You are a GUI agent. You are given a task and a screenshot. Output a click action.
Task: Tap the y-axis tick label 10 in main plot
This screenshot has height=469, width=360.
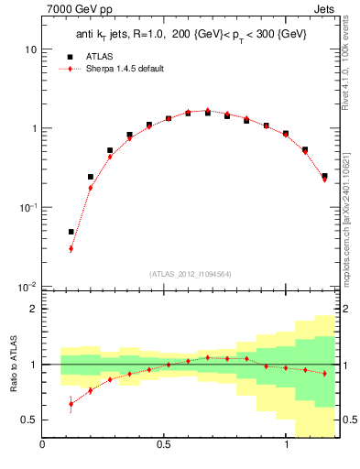(x=29, y=49)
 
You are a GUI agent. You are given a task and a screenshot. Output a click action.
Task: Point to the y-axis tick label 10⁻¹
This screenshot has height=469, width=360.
(x=27, y=208)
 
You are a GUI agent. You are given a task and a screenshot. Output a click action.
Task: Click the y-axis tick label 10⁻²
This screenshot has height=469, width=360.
(x=27, y=288)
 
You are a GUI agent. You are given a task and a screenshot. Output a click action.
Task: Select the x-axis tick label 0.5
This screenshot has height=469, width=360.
(x=164, y=446)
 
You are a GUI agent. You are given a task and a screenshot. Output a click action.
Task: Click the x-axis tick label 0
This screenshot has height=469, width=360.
(x=42, y=446)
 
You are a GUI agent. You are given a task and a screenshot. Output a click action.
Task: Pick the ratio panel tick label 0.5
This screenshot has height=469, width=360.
(x=28, y=420)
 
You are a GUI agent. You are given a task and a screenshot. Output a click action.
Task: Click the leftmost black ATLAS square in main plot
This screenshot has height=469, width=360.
(x=71, y=232)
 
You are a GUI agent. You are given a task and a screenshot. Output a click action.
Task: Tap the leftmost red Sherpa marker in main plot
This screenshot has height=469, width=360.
(x=71, y=248)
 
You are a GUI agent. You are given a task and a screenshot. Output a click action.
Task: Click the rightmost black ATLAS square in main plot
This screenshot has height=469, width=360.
(x=324, y=176)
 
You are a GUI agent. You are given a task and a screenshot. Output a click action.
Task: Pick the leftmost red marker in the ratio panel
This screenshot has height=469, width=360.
(x=71, y=404)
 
